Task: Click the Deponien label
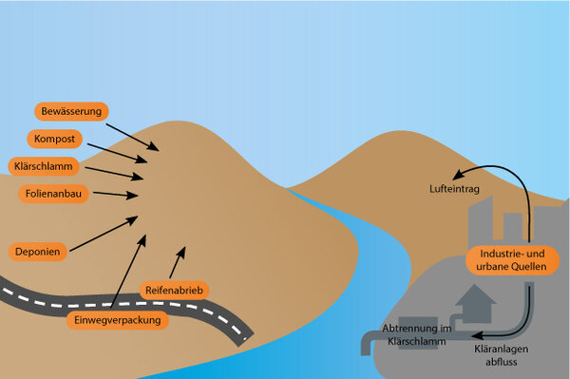click(x=39, y=252)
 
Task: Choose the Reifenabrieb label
click(x=175, y=289)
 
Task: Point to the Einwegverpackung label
click(x=119, y=320)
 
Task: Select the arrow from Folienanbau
click(x=115, y=196)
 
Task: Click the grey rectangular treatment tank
click(x=416, y=335)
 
